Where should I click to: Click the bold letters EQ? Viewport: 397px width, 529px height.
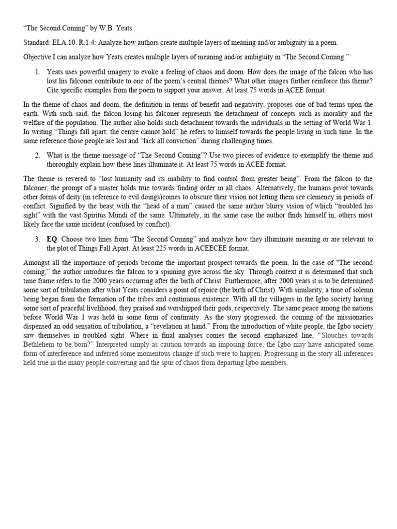point(52,239)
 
